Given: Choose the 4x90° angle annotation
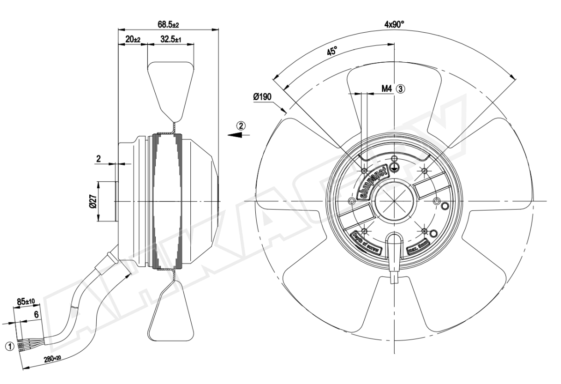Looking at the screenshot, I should [x=395, y=24].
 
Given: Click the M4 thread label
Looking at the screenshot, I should [x=386, y=88].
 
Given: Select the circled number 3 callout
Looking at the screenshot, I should [x=401, y=88].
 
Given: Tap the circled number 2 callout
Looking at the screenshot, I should [x=241, y=125].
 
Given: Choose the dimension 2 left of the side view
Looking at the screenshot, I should [x=99, y=159].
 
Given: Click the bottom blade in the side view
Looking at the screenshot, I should [x=171, y=311].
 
